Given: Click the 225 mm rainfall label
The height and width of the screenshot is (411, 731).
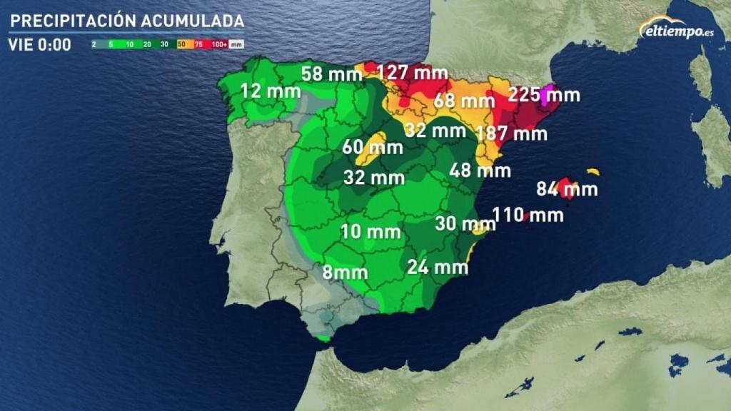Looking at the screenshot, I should click(x=544, y=95).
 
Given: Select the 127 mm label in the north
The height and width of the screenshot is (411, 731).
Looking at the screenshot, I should click(x=413, y=73).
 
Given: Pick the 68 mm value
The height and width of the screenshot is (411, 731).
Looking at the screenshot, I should click(x=464, y=101).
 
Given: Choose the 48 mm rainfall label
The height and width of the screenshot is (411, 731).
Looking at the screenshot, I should click(x=480, y=171).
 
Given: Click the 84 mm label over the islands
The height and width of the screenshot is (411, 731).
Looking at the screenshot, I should click(x=567, y=190).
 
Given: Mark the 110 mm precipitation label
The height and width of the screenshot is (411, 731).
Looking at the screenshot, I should click(x=528, y=214).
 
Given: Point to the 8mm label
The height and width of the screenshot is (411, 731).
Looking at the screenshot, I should click(x=345, y=272).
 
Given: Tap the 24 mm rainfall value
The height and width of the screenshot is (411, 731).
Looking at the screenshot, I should click(x=438, y=268).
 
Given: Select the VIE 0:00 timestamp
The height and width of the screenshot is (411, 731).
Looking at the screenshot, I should click(x=40, y=45).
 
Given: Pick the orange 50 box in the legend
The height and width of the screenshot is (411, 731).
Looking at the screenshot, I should click(x=181, y=44).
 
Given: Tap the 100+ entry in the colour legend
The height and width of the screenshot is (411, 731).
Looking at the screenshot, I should click(x=220, y=44).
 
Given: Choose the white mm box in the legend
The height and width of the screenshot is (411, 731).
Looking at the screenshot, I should click(x=236, y=44).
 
